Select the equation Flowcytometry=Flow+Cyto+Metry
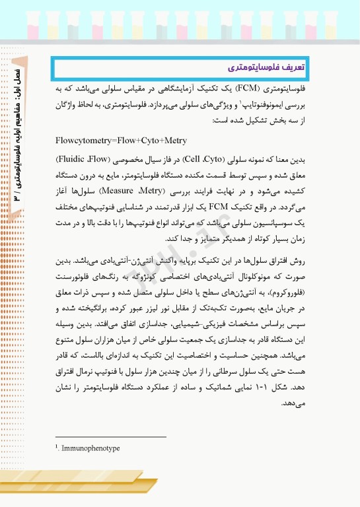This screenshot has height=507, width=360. tap(122, 140)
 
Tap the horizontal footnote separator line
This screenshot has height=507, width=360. tap(111, 436)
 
